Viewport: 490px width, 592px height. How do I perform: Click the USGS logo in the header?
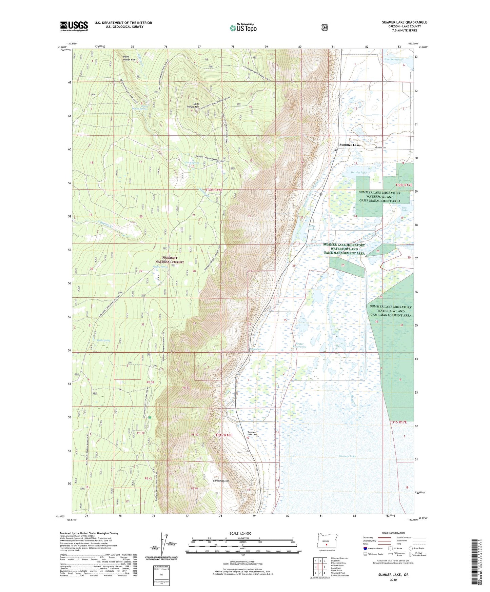click(x=74, y=26)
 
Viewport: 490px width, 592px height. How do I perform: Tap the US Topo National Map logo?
click(x=243, y=27)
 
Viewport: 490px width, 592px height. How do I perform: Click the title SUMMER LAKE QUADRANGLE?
click(x=404, y=22)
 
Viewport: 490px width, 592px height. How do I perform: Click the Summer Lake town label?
click(x=350, y=145)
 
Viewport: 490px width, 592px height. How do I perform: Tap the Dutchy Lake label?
click(x=358, y=173)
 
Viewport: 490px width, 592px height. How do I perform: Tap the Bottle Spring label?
click(x=103, y=340)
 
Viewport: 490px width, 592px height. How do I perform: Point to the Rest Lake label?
click(x=405, y=209)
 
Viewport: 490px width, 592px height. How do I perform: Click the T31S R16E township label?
click(x=224, y=435)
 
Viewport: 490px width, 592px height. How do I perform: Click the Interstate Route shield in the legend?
click(x=365, y=548)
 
